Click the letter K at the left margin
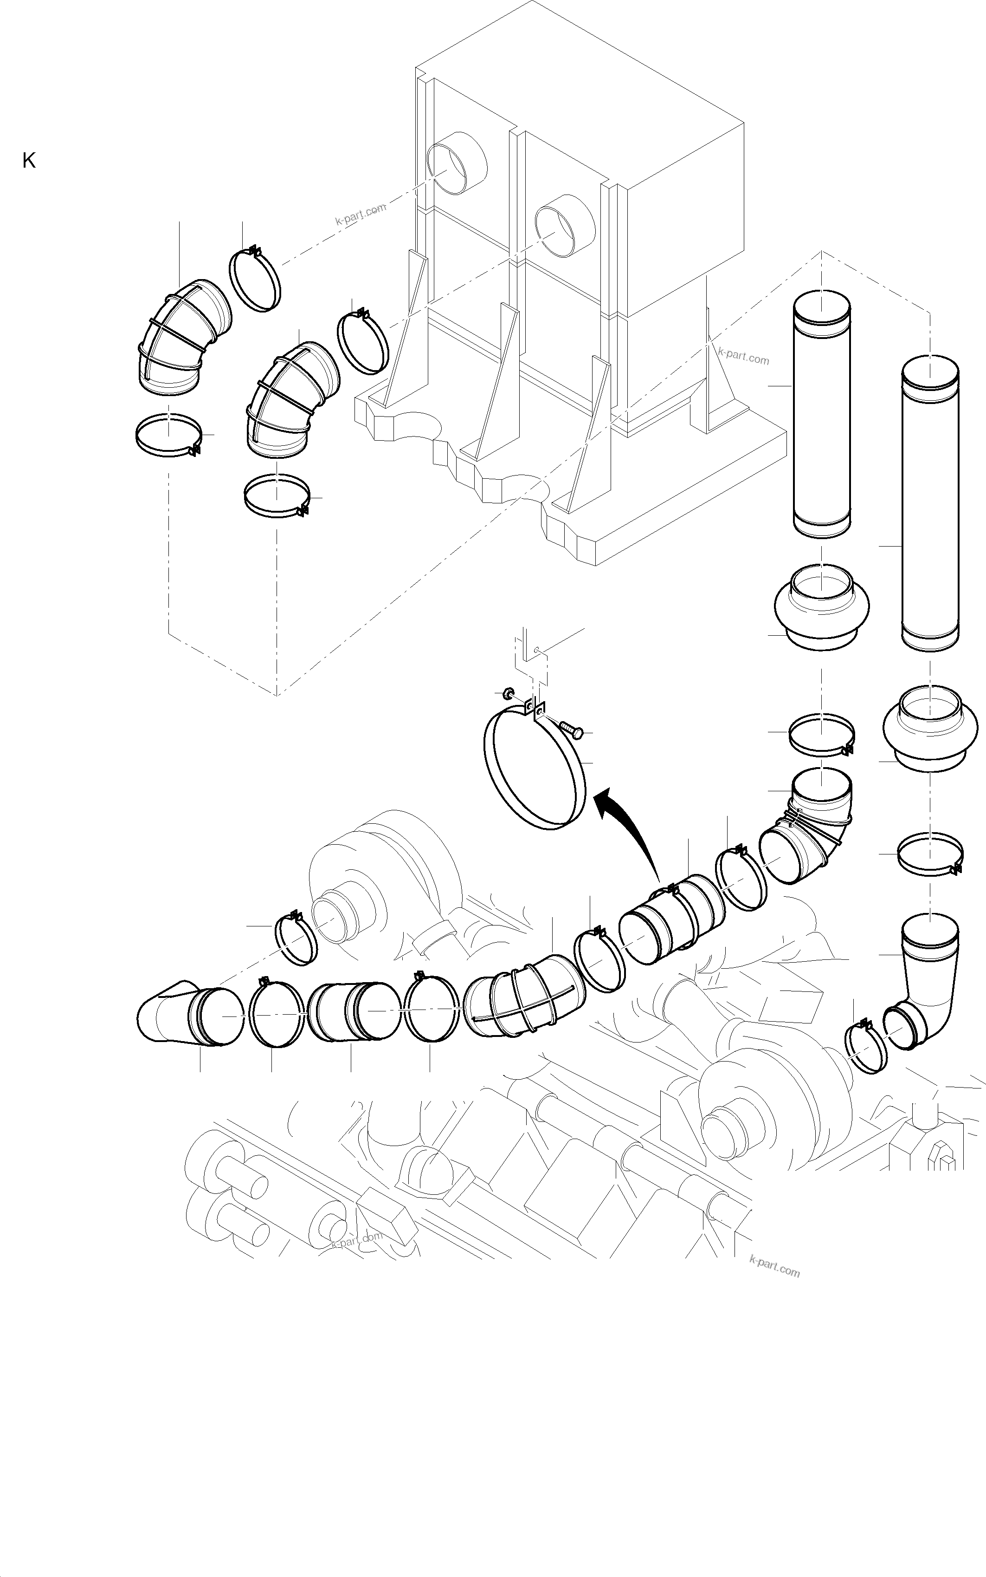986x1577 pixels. [29, 161]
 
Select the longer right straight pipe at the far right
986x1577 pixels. [931, 502]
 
